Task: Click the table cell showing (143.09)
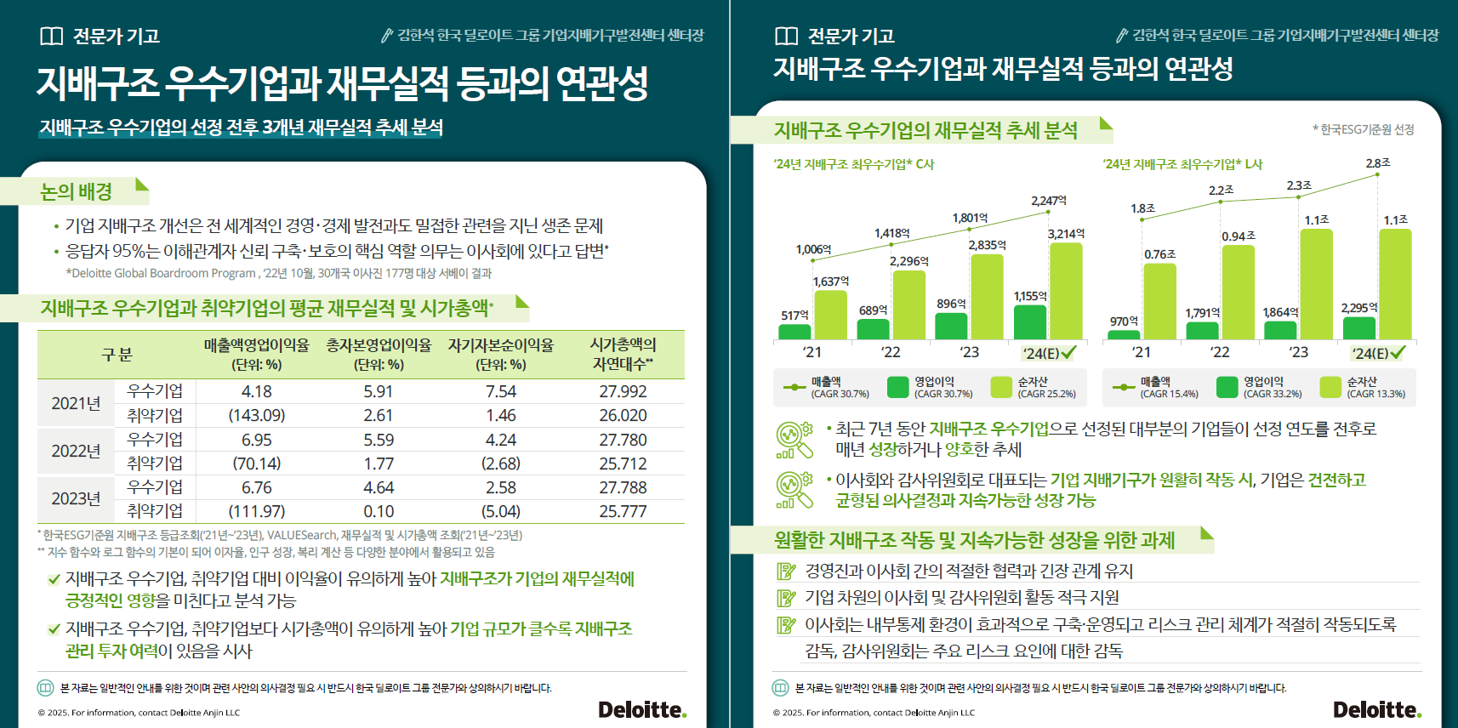tap(256, 415)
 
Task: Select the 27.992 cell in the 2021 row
tap(623, 391)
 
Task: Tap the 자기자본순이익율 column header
tap(500, 354)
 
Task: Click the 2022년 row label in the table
tap(76, 451)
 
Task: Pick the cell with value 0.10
tap(379, 511)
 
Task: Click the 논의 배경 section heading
tap(77, 191)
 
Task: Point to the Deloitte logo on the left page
tap(642, 709)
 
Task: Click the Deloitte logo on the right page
tap(1376, 709)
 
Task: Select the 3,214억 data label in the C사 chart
tap(1066, 233)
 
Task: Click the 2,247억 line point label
tap(1048, 201)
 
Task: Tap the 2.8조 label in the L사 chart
tap(1378, 162)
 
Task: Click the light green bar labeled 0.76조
tap(1159, 302)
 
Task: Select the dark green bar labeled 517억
tap(794, 332)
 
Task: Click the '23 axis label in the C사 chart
tap(969, 352)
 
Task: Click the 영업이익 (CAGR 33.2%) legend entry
tap(1262, 388)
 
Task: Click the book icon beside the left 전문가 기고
tap(52, 36)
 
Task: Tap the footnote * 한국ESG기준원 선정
tap(1363, 129)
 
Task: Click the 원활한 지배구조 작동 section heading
tap(974, 540)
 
